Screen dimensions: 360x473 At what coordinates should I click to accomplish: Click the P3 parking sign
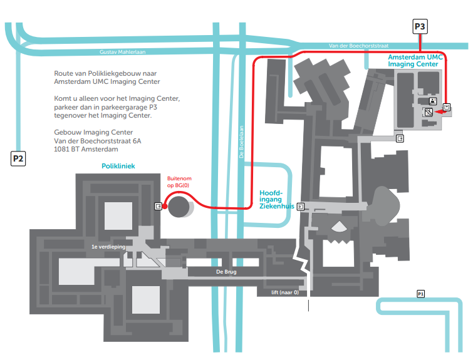tap(420, 27)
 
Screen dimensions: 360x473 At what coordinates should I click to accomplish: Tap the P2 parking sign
tap(18, 159)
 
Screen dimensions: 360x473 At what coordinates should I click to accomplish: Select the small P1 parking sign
tap(421, 294)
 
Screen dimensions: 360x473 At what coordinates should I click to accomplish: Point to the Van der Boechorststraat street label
tap(358, 46)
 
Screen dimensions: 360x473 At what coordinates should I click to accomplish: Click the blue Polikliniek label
tap(118, 167)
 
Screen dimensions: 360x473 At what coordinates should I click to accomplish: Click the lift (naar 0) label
tap(280, 292)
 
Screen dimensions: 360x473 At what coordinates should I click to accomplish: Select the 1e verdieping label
tap(107, 247)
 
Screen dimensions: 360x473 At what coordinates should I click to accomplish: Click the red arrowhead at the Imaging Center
tap(439, 114)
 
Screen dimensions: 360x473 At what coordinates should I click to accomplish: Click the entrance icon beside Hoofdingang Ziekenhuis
tap(301, 206)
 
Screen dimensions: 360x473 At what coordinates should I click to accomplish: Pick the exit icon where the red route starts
tap(157, 206)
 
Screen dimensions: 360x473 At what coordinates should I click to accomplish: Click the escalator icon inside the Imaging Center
tap(429, 113)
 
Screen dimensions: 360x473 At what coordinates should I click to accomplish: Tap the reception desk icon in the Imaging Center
tap(432, 101)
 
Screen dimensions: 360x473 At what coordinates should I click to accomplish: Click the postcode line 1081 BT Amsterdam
tap(86, 150)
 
